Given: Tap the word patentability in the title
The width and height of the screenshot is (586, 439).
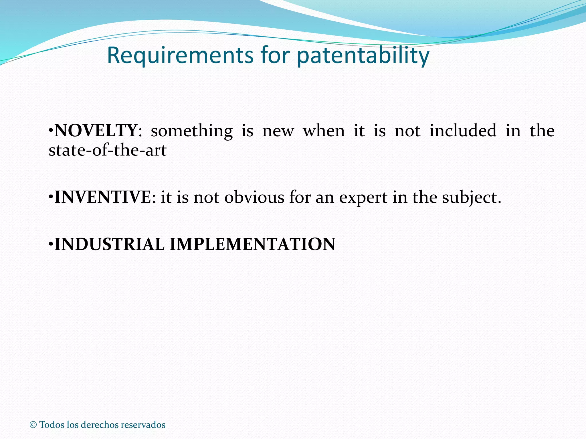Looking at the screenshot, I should coord(363,55).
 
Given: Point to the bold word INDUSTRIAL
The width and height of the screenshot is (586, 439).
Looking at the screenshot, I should coord(109,244).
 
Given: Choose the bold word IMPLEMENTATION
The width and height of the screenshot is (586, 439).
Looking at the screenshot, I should coord(252,244).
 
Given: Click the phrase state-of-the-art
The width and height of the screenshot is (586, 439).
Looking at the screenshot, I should coord(108,150).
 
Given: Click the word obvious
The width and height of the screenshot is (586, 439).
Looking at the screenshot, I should coord(254,197).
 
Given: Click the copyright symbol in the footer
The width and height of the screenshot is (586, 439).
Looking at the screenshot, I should coord(33,425).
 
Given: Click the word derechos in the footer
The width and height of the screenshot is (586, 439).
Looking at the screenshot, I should coord(100,425).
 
